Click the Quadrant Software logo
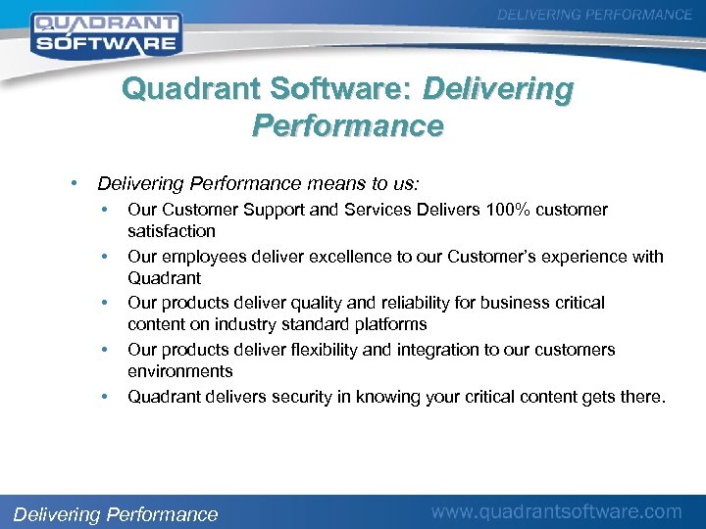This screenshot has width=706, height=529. tap(105, 32)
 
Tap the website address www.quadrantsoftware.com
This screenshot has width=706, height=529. tap(557, 510)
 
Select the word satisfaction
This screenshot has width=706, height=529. tap(171, 231)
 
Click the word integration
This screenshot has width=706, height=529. tap(444, 350)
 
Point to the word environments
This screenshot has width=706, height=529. tap(179, 371)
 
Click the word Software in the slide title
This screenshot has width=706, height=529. tap(339, 90)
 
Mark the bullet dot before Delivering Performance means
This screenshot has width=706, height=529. tap(75, 182)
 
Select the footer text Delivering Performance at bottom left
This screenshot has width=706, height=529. tap(115, 514)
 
